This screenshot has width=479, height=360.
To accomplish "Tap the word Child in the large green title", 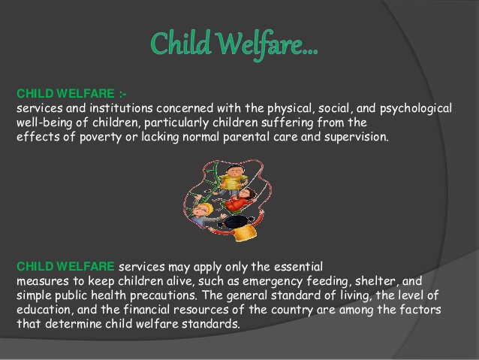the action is pyautogui.click(x=181, y=43).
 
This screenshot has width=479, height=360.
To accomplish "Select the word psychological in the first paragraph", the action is pyautogui.click(x=416, y=109).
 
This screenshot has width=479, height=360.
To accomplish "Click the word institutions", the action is pyautogui.click(x=122, y=108).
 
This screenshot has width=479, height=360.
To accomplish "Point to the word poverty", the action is pyautogui.click(x=101, y=138).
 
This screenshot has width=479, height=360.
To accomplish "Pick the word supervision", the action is pyautogui.click(x=357, y=138).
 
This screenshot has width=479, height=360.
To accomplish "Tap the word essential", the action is pyautogui.click(x=298, y=267).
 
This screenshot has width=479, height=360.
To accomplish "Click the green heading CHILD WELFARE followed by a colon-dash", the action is pyautogui.click(x=71, y=94).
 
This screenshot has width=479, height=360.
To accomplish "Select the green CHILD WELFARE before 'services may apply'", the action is pyautogui.click(x=65, y=266).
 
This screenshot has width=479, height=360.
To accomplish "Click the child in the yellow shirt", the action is pyautogui.click(x=232, y=180).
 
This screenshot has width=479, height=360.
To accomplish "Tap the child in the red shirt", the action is pyautogui.click(x=239, y=201).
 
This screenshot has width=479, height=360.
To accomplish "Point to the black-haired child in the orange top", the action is pyautogui.click(x=241, y=228).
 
